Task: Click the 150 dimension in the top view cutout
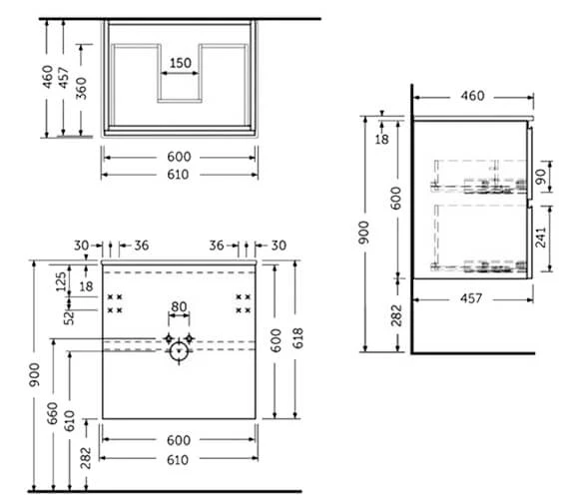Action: click(179, 63)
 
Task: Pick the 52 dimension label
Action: click(69, 319)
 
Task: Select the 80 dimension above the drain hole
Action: click(179, 307)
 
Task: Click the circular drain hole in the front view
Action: click(180, 350)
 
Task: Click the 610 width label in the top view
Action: click(179, 174)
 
